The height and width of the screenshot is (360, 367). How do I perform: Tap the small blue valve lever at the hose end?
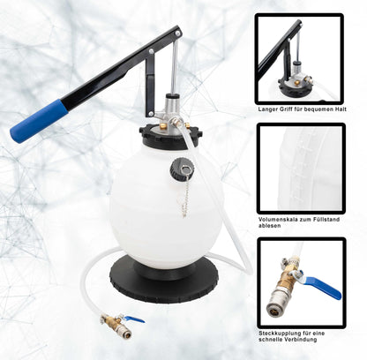click(x=133, y=319)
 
